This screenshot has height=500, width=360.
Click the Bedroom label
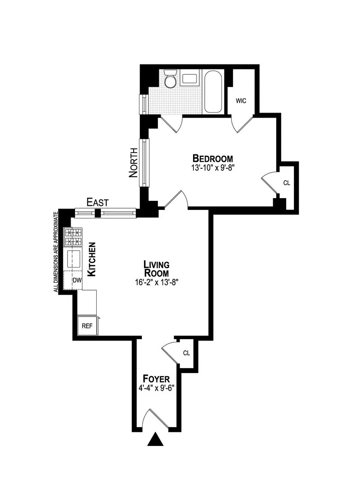(212, 159)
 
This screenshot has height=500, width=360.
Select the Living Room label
(156, 268)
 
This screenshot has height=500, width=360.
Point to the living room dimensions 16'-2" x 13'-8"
(156, 282)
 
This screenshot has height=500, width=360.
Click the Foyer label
(156, 378)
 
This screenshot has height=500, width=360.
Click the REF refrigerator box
(86, 326)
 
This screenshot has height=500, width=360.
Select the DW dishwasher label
(77, 280)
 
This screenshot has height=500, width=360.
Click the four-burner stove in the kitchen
(74, 237)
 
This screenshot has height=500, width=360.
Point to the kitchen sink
(74, 259)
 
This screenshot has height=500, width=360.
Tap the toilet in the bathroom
(170, 79)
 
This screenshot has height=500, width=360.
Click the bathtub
(212, 92)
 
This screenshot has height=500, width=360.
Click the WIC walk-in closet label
(241, 100)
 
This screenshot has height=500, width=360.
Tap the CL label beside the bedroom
(287, 183)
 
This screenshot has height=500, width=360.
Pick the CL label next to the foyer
(186, 353)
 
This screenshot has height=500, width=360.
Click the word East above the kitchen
(97, 202)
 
